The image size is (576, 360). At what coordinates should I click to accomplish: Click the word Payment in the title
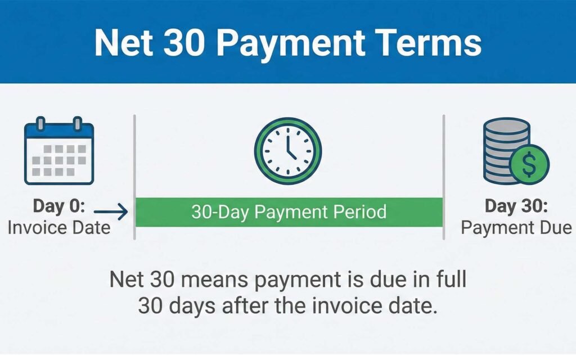[x=291, y=44]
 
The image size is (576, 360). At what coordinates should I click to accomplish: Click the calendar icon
[x=59, y=151]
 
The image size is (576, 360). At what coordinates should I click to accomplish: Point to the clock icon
[x=288, y=151]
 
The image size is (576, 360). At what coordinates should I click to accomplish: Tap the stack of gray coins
[x=505, y=151]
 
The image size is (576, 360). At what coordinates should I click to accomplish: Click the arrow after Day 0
[x=111, y=211]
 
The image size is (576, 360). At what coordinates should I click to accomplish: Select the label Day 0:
[x=59, y=206]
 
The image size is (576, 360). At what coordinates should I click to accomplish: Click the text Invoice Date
[x=59, y=228]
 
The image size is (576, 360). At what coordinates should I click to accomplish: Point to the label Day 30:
[x=516, y=206]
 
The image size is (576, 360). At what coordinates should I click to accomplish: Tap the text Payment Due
[x=516, y=228]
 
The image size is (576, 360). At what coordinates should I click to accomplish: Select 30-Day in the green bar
[x=220, y=212]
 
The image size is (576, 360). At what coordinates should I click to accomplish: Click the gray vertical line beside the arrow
[x=134, y=177]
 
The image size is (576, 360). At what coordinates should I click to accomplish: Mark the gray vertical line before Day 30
[x=444, y=177]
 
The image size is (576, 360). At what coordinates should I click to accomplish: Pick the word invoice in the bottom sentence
[x=346, y=305]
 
